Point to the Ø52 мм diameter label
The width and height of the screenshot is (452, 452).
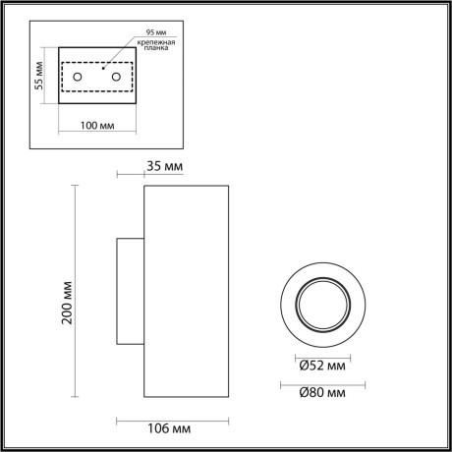click(x=323, y=367)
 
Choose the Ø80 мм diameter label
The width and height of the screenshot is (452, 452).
click(x=323, y=394)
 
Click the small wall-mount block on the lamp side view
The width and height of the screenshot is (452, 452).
click(x=131, y=291)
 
